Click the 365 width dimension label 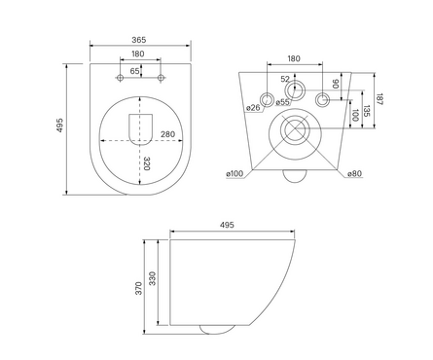click(x=139, y=40)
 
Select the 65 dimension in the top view click(x=134, y=71)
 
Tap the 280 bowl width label click(x=167, y=134)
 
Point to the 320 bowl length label click(x=147, y=163)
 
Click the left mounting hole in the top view click(x=120, y=78)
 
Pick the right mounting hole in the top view click(x=161, y=78)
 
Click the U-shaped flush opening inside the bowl click(x=141, y=129)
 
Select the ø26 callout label click(x=253, y=107)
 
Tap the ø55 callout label click(x=282, y=102)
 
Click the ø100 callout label click(x=235, y=174)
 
